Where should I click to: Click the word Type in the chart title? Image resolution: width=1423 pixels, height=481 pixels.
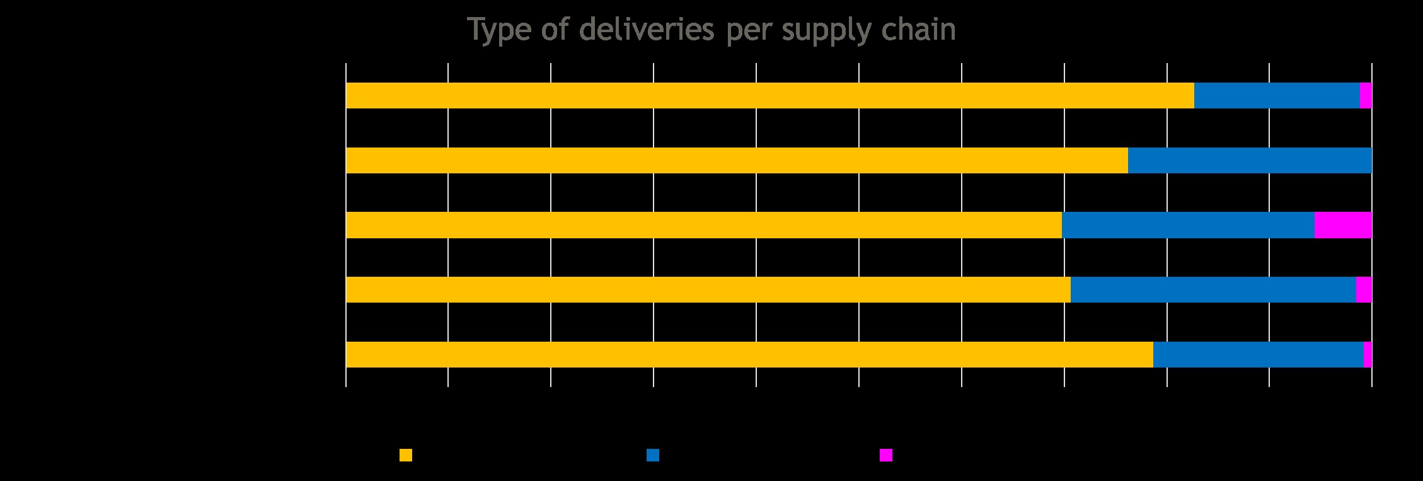498,30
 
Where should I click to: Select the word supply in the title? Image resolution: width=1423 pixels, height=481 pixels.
822,30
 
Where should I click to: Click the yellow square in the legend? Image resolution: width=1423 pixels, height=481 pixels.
406,455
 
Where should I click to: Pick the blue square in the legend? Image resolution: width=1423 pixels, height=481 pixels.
653,455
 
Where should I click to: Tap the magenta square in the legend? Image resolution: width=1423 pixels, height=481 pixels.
886,455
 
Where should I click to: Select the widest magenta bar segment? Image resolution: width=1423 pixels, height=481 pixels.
1343,225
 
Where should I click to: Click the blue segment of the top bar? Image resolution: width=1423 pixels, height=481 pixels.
1277,95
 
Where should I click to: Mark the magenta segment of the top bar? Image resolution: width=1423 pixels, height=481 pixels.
1366,95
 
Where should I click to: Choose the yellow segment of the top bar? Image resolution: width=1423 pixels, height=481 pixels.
769,95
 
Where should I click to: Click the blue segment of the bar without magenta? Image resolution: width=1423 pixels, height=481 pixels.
1250,160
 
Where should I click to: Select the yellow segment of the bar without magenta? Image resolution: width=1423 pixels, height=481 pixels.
737,160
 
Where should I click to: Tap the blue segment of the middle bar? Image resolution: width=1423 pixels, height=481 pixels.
1188,225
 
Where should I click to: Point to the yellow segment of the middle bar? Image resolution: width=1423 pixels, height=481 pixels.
703,225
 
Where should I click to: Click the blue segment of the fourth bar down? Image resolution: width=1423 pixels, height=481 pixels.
1213,289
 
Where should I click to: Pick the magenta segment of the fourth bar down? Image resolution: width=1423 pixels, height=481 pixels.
1364,289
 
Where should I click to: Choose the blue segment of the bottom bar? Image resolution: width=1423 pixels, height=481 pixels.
1258,354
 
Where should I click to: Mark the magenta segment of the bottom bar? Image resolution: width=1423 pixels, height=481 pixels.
1368,354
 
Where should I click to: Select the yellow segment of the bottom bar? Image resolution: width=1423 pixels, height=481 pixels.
749,354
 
